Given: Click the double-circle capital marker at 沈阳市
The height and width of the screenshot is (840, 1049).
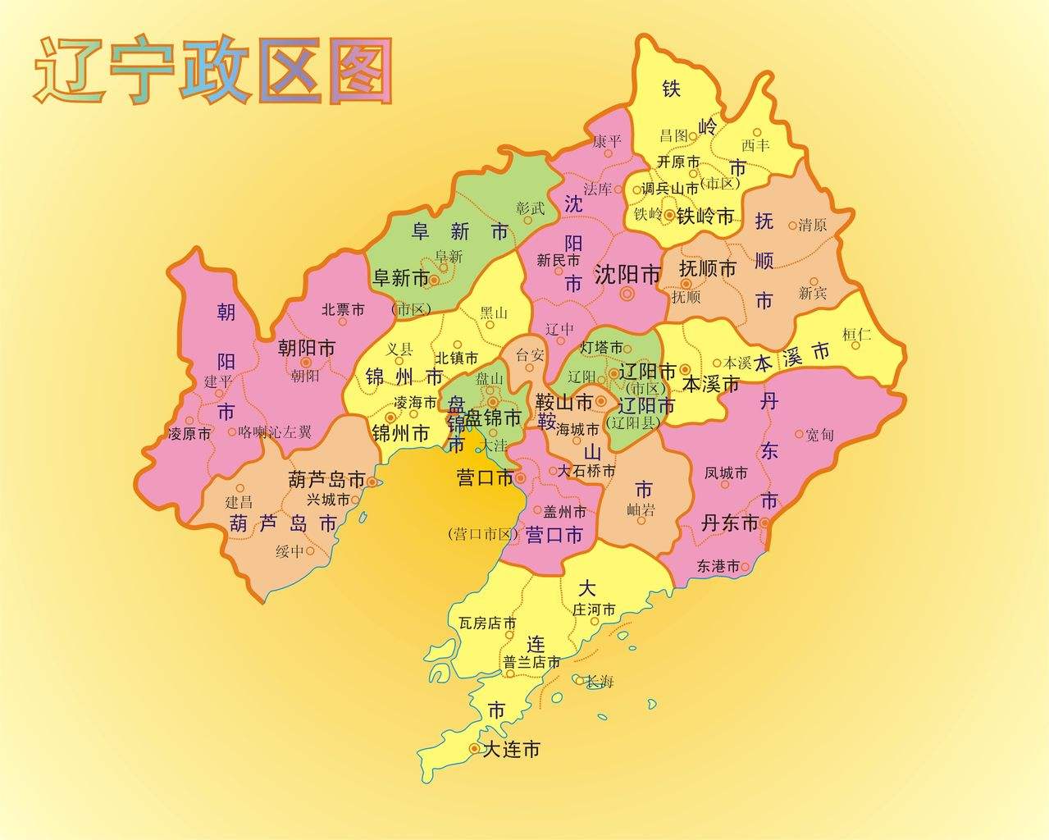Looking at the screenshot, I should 628,293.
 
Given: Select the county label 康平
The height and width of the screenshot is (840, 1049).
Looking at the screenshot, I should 608,142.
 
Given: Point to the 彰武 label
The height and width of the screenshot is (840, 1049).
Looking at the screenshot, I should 531,208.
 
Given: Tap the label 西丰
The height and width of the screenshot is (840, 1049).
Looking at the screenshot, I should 755,144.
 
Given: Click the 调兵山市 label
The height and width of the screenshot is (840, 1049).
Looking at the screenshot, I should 670,188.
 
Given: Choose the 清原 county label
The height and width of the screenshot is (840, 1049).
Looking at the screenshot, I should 813,225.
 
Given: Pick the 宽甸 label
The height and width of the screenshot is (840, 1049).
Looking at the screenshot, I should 819,435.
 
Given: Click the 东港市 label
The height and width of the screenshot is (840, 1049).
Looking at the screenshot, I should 718,566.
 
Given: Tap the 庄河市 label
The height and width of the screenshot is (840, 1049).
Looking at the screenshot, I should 594,609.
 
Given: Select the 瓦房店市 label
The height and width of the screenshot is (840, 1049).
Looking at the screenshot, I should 488,623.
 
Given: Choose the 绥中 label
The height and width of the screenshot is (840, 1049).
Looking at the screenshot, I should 290,551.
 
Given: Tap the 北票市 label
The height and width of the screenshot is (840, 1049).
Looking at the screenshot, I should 343,309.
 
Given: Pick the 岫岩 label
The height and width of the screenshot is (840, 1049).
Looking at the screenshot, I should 641,510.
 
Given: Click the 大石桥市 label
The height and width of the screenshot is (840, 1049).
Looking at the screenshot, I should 586,472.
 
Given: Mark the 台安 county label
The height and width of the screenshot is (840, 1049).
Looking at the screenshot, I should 529,355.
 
